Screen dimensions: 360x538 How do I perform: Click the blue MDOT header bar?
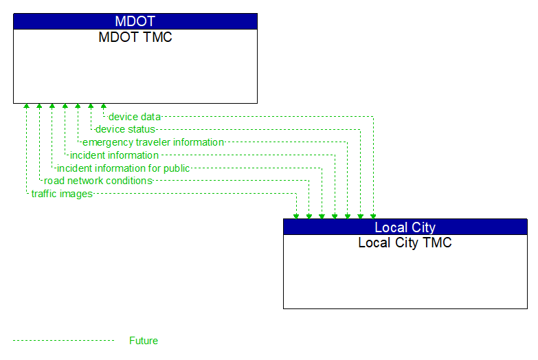coord(135,21)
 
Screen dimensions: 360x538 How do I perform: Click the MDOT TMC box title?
coord(135,37)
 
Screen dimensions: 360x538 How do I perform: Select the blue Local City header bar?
coord(405,227)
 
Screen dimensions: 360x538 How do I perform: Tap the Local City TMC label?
coord(405,243)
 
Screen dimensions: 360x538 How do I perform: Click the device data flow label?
coord(134,117)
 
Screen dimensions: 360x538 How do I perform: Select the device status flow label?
coord(125,129)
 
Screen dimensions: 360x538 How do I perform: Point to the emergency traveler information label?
coord(153,142)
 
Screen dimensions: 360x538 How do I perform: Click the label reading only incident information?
coord(114,155)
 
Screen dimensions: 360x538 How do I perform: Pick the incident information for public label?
coord(123,168)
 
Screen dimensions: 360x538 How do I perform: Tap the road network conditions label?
coord(98,181)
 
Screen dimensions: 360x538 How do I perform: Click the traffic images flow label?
coord(62,194)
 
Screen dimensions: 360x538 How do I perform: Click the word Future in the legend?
coord(144,341)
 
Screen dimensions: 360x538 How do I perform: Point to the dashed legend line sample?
coord(63,341)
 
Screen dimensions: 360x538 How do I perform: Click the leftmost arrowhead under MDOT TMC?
coord(26,106)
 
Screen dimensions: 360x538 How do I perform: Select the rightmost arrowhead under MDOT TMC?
coord(104,106)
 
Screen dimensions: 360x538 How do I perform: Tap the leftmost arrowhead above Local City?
coord(296,216)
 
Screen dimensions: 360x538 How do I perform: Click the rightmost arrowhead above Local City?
coord(373,216)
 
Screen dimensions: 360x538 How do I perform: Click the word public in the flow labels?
coord(176,168)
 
